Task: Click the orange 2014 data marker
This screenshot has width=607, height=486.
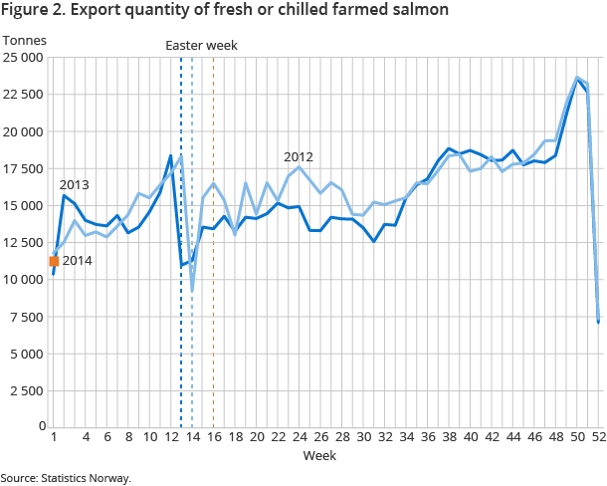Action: click(x=54, y=261)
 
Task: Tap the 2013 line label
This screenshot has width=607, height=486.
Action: click(x=75, y=185)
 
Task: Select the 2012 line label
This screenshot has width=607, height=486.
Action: click(x=299, y=157)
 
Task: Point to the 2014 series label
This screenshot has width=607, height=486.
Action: click(x=78, y=261)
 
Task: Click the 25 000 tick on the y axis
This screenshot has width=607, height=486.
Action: click(x=24, y=58)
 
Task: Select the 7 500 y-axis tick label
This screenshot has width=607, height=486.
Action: click(x=27, y=317)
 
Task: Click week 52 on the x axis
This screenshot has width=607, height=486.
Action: click(x=598, y=437)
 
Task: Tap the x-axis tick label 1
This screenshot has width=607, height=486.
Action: click(x=54, y=437)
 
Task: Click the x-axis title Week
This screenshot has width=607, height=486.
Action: click(x=319, y=454)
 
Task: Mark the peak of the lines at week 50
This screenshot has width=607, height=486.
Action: click(x=577, y=77)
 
